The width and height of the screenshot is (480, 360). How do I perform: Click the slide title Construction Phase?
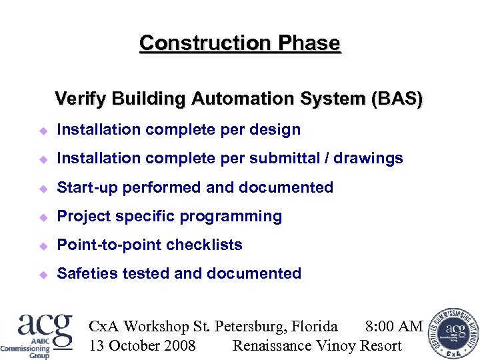point(239,43)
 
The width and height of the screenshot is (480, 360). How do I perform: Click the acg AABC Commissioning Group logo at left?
point(37,334)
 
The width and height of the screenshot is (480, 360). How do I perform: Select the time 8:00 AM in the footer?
point(394,326)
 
